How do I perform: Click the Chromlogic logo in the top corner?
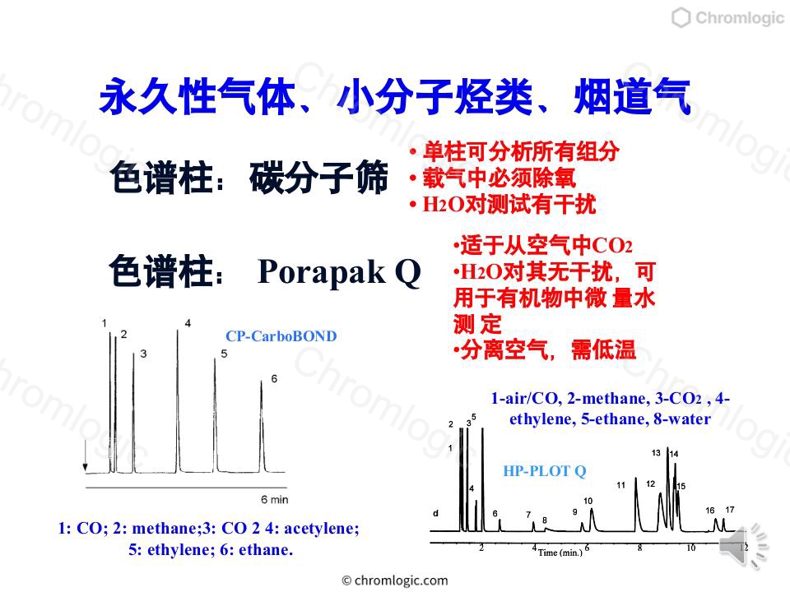[728, 17]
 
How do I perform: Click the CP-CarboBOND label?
[281, 335]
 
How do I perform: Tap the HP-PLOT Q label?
[545, 471]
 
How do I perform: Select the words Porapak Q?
[339, 272]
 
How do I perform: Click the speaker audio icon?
[743, 547]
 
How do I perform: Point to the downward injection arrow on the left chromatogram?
[85, 456]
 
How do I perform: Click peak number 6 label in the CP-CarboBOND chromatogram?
[274, 378]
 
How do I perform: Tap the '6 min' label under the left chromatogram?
[275, 499]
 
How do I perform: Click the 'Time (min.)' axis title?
[560, 553]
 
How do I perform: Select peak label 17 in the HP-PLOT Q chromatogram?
[730, 510]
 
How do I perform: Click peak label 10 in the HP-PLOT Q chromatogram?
[588, 501]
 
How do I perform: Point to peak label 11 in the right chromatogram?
[620, 485]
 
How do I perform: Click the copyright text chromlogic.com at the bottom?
[395, 580]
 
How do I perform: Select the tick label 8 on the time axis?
[640, 548]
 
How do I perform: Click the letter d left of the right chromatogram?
[435, 513]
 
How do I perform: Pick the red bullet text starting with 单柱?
[515, 151]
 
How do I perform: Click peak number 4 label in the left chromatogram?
[188, 323]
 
